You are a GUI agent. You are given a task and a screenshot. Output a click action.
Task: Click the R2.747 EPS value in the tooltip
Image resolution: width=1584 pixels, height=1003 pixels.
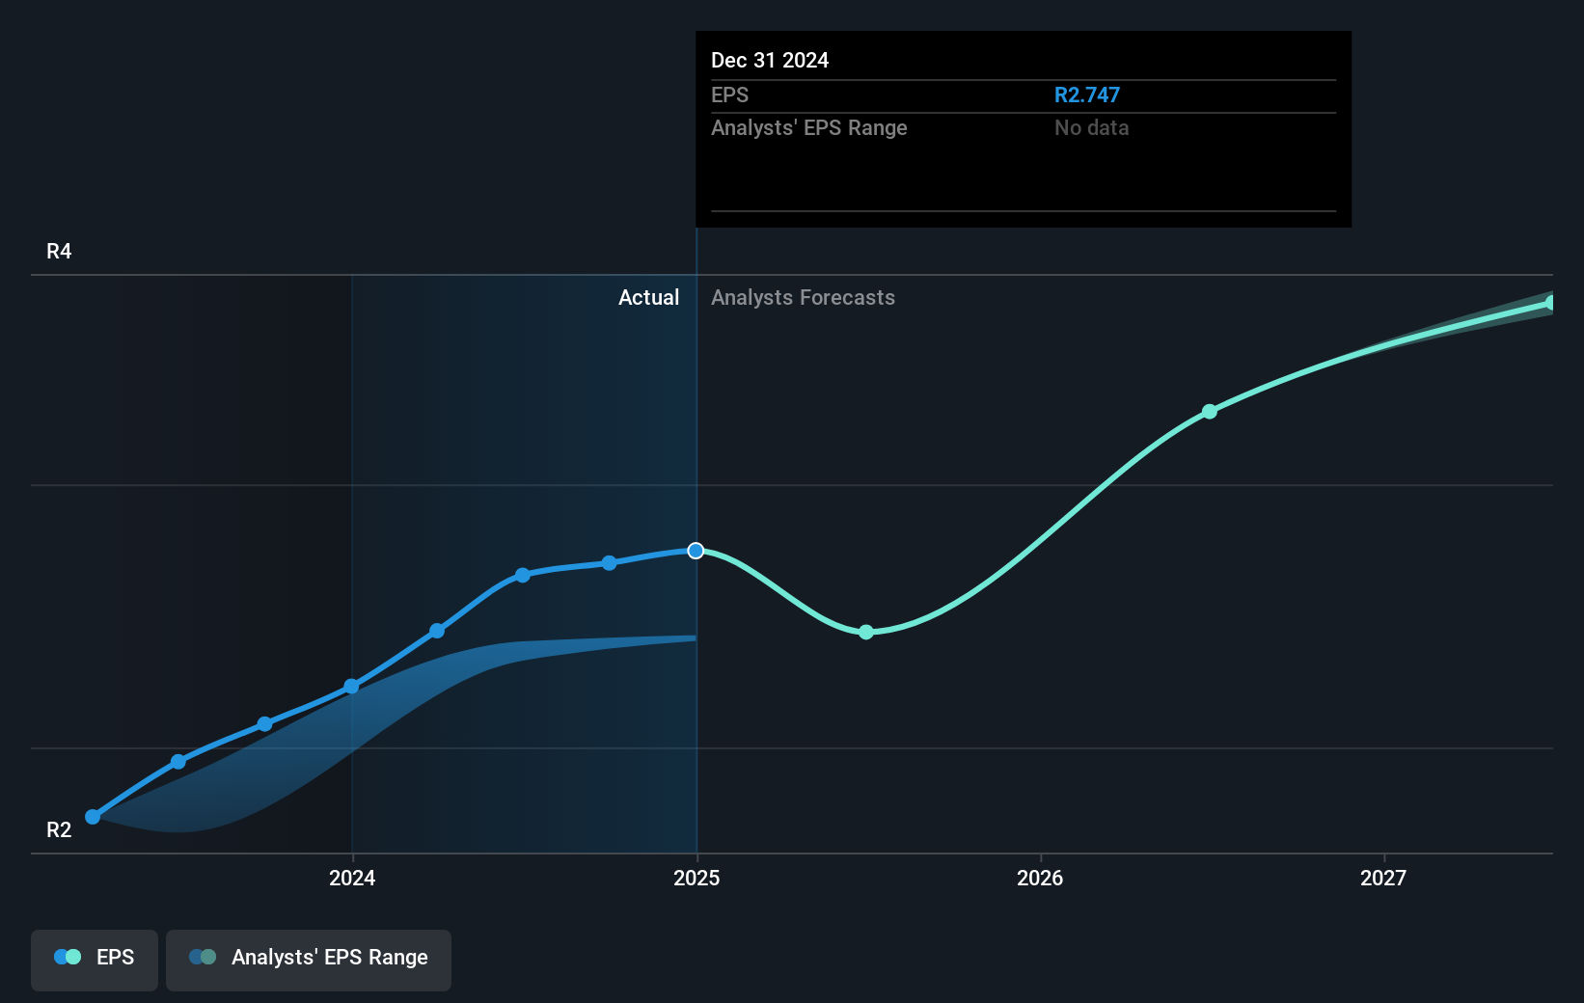click(1086, 95)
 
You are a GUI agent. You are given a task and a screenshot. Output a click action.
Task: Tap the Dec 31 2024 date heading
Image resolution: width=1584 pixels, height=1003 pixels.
click(770, 60)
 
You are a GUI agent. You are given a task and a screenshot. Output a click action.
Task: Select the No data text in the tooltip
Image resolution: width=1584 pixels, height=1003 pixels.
click(1091, 127)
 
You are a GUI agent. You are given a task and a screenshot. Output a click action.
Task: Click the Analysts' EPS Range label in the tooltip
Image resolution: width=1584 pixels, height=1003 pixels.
click(808, 127)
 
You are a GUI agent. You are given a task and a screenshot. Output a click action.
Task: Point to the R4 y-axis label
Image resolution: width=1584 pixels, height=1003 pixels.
click(59, 251)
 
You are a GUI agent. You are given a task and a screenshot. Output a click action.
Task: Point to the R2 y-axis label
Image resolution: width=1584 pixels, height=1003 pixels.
click(59, 829)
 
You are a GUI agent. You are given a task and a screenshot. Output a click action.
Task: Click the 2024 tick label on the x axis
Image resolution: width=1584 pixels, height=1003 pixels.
click(352, 878)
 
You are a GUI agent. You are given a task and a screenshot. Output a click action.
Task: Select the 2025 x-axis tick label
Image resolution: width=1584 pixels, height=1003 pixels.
click(696, 878)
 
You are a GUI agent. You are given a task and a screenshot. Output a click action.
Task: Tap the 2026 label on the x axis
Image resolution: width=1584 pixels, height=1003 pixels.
click(1040, 878)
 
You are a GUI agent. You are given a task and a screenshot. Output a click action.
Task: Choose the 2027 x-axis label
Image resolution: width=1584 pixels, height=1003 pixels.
click(1383, 878)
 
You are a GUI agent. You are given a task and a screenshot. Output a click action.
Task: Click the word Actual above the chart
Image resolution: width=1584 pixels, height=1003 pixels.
click(648, 297)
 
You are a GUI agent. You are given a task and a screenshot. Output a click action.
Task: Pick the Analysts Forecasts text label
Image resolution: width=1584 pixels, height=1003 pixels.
click(803, 297)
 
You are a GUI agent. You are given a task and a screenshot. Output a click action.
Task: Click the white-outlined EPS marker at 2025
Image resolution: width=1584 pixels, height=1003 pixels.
click(696, 551)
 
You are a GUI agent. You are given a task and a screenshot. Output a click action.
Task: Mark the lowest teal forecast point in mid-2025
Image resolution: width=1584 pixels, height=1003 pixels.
click(866, 632)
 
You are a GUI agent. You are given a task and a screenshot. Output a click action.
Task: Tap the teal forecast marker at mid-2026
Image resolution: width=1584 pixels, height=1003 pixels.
click(1209, 412)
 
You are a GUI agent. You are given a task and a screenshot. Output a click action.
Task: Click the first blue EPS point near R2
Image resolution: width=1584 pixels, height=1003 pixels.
click(93, 817)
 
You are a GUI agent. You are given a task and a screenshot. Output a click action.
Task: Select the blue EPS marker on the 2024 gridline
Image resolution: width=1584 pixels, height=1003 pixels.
click(352, 687)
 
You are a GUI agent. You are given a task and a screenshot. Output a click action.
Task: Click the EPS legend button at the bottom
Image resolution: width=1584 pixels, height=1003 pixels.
click(95, 958)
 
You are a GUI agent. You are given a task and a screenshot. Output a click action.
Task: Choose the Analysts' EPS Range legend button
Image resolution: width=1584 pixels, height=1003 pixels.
click(309, 958)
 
